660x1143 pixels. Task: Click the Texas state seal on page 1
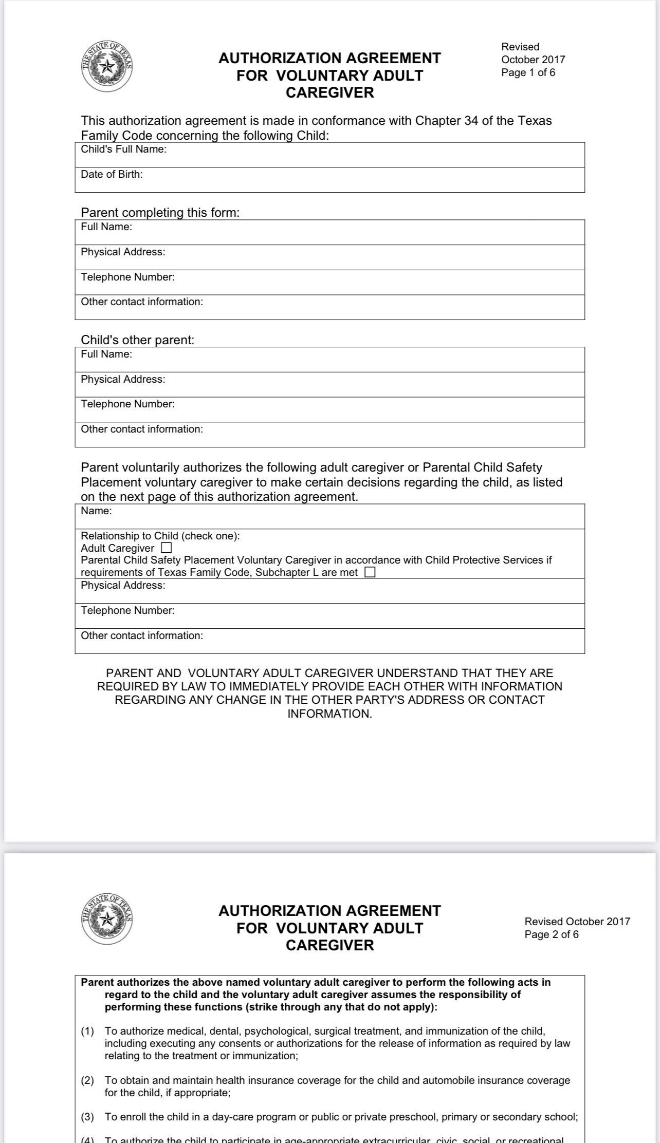(x=107, y=66)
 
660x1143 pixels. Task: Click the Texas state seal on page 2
(x=107, y=919)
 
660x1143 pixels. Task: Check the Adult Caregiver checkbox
(x=166, y=548)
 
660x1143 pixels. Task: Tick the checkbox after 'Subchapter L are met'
(x=370, y=572)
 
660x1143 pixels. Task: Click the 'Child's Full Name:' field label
(x=123, y=149)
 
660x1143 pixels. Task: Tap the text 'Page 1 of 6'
(x=528, y=72)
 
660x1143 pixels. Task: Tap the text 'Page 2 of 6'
(x=551, y=934)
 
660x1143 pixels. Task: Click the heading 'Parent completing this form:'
(x=160, y=213)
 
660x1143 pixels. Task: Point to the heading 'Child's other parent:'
(x=137, y=340)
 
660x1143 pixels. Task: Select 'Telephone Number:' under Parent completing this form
(x=127, y=277)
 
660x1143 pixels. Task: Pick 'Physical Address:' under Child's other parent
(x=123, y=380)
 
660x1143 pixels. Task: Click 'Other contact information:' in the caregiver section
(x=142, y=636)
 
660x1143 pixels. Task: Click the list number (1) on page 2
(x=87, y=1031)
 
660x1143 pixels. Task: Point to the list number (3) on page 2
(x=87, y=1117)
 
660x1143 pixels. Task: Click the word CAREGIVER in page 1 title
(x=329, y=93)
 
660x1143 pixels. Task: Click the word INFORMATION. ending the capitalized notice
(x=329, y=714)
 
